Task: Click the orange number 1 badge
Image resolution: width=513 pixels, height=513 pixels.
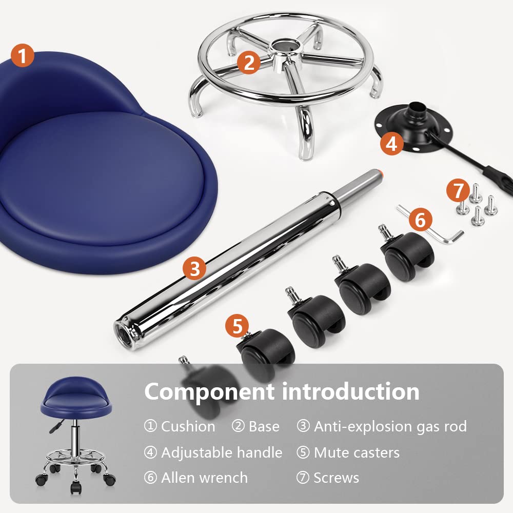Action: click(22, 55)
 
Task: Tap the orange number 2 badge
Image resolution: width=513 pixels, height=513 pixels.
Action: click(249, 62)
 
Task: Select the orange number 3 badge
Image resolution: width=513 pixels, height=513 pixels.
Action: click(194, 268)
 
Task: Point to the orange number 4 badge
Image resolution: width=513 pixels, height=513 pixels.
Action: click(391, 143)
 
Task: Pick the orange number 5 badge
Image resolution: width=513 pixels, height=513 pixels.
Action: click(237, 326)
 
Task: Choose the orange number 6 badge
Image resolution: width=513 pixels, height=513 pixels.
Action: click(421, 219)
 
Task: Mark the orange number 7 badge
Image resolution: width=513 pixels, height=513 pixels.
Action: click(458, 190)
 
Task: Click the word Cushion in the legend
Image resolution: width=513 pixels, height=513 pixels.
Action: click(188, 426)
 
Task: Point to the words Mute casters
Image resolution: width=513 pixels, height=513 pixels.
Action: click(357, 452)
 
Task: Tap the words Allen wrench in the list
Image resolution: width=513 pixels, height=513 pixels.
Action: click(205, 478)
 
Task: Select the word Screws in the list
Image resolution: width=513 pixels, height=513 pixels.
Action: click(337, 478)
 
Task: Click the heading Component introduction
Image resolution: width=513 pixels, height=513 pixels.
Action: click(282, 391)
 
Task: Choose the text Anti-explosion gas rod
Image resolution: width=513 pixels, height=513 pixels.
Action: click(390, 426)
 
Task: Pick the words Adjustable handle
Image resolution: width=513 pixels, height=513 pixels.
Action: click(222, 452)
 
